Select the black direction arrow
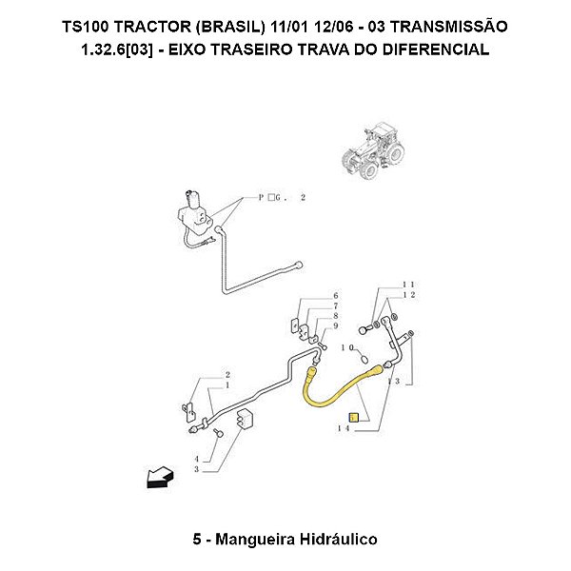click(157, 476)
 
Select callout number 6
click(335, 297)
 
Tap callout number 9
click(335, 325)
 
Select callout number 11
click(408, 285)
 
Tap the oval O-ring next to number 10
click(366, 358)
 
